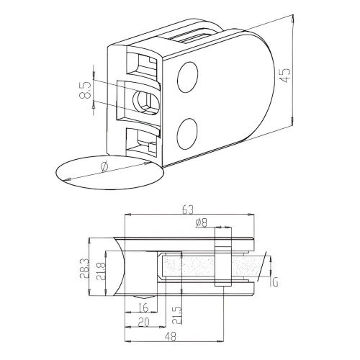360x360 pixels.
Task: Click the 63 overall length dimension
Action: click(x=189, y=210)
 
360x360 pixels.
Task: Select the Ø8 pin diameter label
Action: click(x=202, y=223)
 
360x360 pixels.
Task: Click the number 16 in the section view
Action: click(x=143, y=307)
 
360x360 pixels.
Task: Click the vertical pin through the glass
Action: click(x=222, y=265)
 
